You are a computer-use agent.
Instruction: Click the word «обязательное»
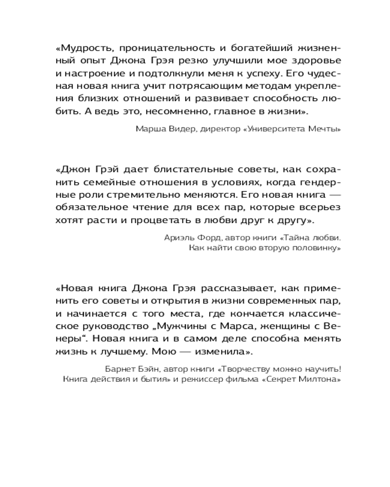[87, 207]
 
